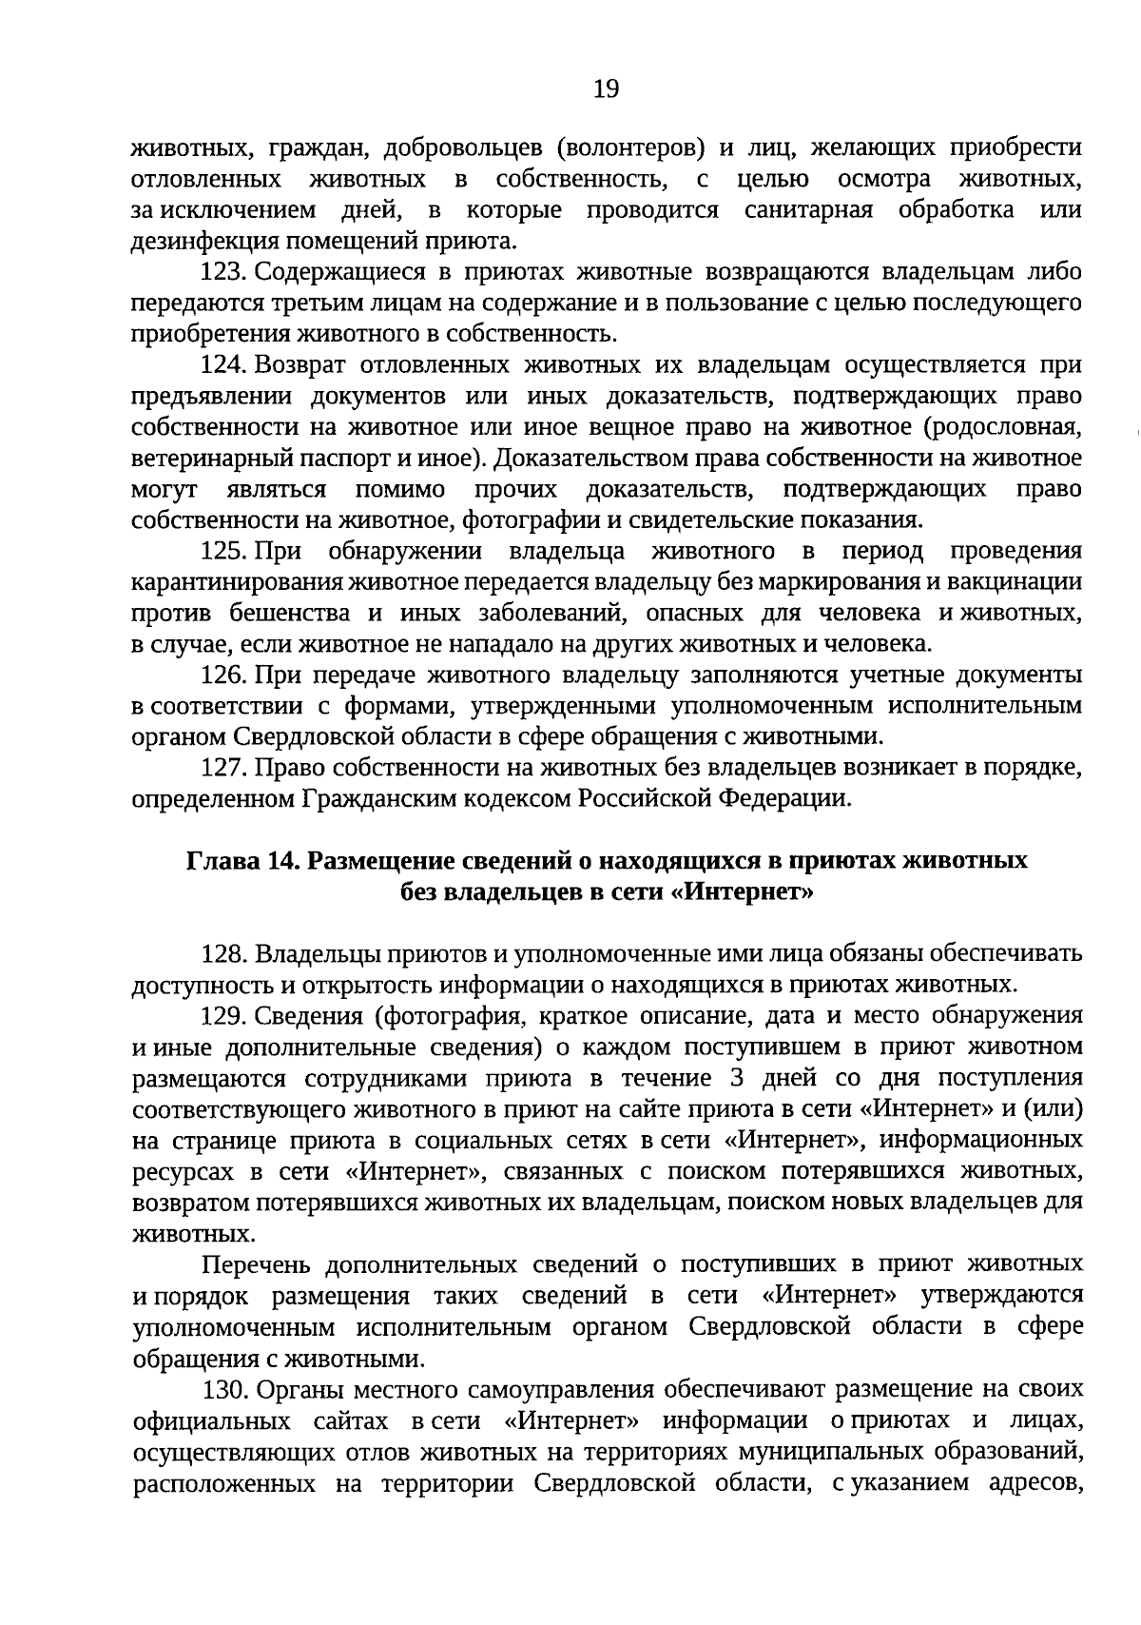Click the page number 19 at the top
tap(606, 89)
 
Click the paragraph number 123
tap(223, 272)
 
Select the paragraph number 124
tap(223, 365)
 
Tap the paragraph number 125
tap(223, 551)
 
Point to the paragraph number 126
tap(223, 675)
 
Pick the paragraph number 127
tap(223, 768)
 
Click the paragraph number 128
tap(223, 953)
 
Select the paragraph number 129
tap(223, 1016)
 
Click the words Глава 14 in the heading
tap(240, 861)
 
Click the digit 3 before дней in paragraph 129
tap(736, 1078)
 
